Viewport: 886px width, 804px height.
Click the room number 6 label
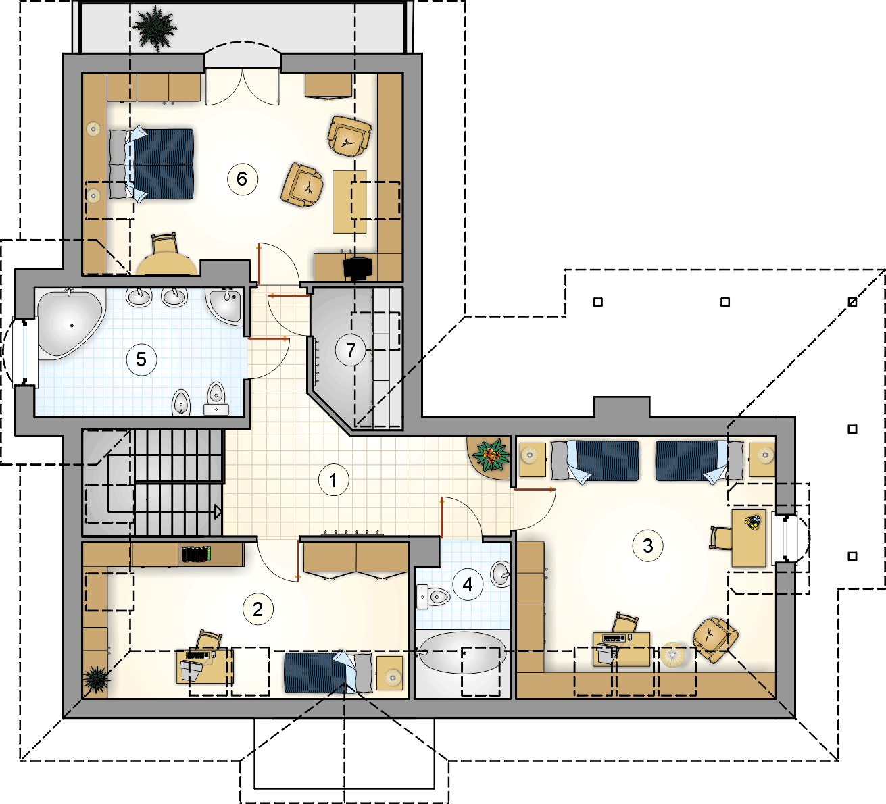[242, 179]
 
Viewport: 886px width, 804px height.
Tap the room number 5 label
[141, 359]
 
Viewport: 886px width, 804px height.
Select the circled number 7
[351, 350]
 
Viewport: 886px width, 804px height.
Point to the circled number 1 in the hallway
[333, 480]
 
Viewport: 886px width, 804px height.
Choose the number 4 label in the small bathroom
[468, 584]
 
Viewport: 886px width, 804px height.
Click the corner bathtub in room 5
[71, 324]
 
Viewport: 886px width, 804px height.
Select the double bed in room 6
[151, 164]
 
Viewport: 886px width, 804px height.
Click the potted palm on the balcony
[155, 28]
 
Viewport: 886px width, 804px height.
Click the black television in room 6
[358, 268]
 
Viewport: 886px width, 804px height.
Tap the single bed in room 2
[328, 672]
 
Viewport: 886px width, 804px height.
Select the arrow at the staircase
[218, 512]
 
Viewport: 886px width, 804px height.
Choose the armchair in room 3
[714, 639]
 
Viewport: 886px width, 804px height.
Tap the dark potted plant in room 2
[96, 678]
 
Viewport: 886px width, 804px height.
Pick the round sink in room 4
[501, 574]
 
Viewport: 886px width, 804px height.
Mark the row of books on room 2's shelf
[197, 555]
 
